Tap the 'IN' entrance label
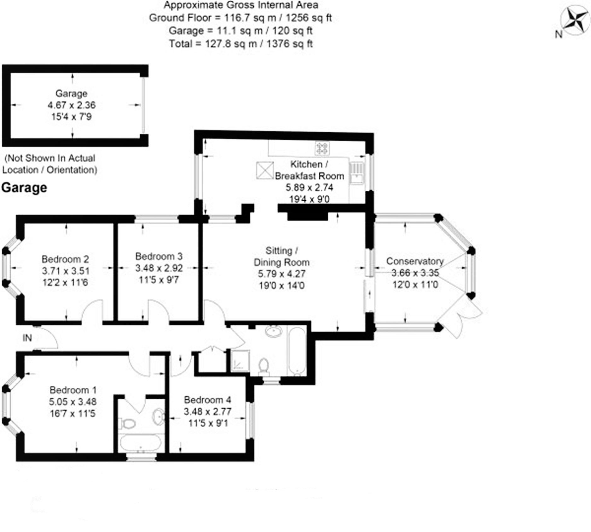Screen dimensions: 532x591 (x=27, y=338)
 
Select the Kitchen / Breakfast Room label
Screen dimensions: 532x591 (x=309, y=170)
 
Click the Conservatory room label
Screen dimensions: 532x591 (x=415, y=261)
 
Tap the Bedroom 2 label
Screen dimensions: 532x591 (x=65, y=259)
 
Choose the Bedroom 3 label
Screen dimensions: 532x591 (x=159, y=256)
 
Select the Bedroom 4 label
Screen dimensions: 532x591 (x=207, y=400)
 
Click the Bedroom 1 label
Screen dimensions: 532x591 (x=73, y=390)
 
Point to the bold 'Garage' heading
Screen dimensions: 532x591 (x=24, y=188)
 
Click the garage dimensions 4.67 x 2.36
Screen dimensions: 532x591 (x=72, y=105)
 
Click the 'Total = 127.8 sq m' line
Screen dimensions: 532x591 (x=241, y=43)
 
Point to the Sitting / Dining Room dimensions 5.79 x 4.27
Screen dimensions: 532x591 (x=281, y=274)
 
